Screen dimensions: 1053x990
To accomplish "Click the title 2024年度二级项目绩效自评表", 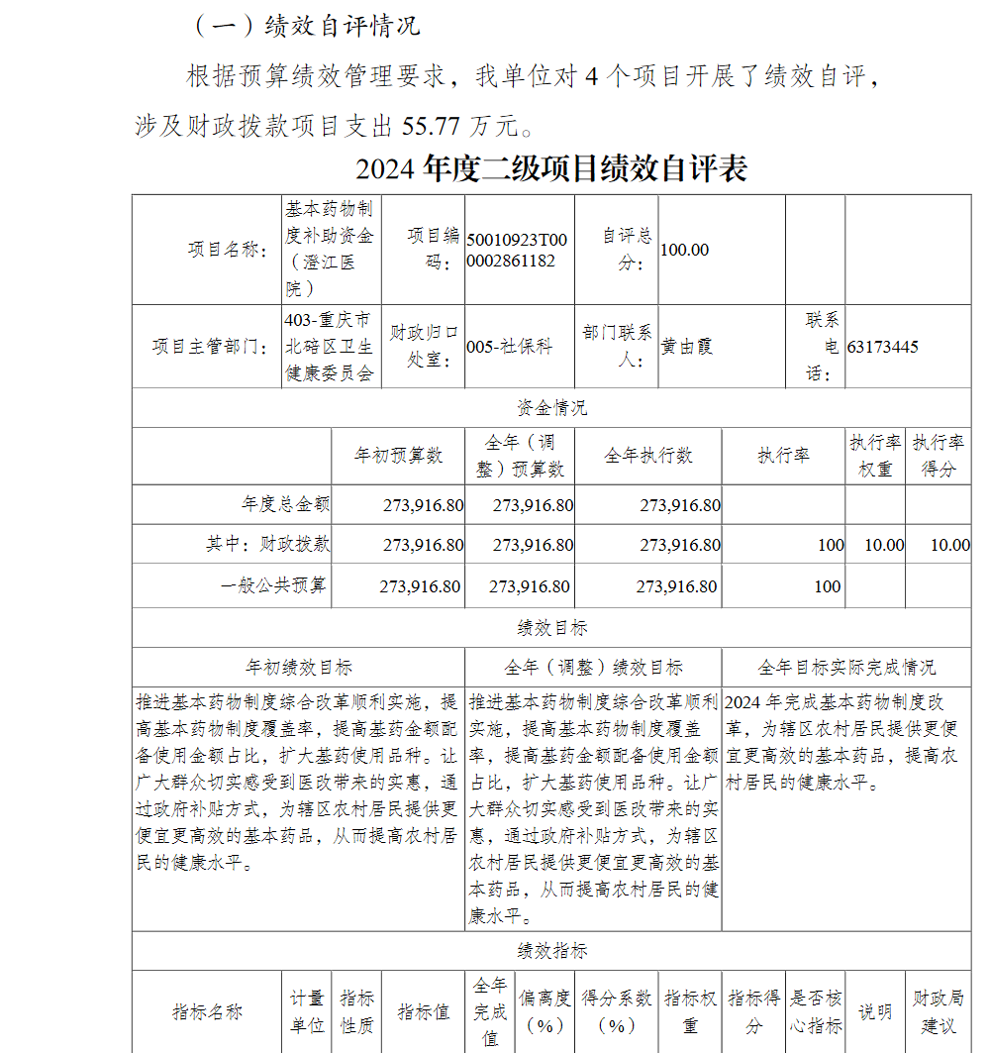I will [551, 169].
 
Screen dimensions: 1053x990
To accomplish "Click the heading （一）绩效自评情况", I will [306, 26].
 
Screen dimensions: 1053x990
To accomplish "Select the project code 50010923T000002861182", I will [517, 251].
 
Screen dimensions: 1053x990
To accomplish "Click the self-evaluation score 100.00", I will [684, 250].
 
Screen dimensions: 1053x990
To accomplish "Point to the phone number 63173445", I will [882, 347].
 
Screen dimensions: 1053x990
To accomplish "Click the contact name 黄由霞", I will [687, 347].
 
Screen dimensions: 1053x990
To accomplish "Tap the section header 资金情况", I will [551, 407].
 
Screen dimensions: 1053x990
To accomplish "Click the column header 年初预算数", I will [398, 456].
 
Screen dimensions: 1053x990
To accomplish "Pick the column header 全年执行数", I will [647, 456].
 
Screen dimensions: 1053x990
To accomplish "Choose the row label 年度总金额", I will [285, 504].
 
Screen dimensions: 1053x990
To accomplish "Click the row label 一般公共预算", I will [273, 585].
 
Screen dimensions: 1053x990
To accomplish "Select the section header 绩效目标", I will [551, 627].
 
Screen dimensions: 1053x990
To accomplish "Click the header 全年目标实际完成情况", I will [845, 667].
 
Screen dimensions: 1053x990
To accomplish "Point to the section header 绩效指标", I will [551, 951].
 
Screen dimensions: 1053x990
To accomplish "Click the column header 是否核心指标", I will [816, 1011].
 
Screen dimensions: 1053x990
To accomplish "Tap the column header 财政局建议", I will [938, 1011].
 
